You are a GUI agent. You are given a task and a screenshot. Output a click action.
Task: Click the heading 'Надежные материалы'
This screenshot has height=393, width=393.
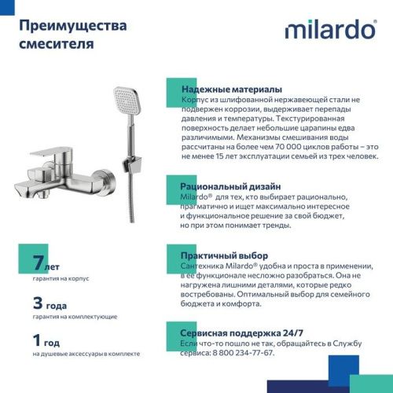pos(231,90)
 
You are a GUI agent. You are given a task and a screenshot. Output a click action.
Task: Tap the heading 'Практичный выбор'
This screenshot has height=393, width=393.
pos(224,256)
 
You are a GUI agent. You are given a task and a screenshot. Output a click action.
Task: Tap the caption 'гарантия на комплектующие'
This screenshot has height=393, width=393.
pos(75,317)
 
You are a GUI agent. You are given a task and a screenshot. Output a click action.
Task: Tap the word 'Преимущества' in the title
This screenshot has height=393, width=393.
pos(72,27)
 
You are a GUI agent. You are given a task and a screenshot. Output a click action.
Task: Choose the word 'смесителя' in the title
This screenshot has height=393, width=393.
pos(56,45)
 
